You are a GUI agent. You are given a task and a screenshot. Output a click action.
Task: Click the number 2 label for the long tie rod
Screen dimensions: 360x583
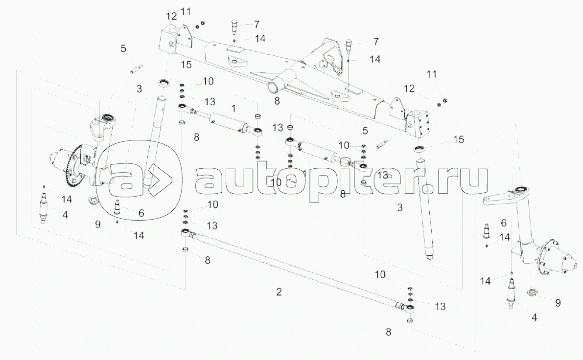(279, 292)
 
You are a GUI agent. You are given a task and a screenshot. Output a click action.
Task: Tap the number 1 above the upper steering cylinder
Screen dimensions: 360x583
(234, 107)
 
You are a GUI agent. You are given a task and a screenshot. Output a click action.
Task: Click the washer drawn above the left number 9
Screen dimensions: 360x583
(93, 201)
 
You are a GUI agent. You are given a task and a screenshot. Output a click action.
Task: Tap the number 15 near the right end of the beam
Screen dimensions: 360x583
(458, 139)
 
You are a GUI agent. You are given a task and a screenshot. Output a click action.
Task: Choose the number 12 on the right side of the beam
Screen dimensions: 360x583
(409, 89)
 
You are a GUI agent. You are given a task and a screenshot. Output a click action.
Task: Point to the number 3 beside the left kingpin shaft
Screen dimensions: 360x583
(140, 89)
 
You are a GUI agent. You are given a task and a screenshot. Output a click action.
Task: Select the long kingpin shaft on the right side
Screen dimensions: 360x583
(425, 208)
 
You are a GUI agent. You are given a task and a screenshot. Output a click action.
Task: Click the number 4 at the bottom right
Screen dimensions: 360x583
(535, 317)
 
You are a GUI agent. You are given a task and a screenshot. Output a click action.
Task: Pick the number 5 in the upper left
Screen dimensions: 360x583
(123, 48)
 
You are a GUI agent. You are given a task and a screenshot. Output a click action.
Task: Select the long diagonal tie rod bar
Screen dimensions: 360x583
(294, 270)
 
